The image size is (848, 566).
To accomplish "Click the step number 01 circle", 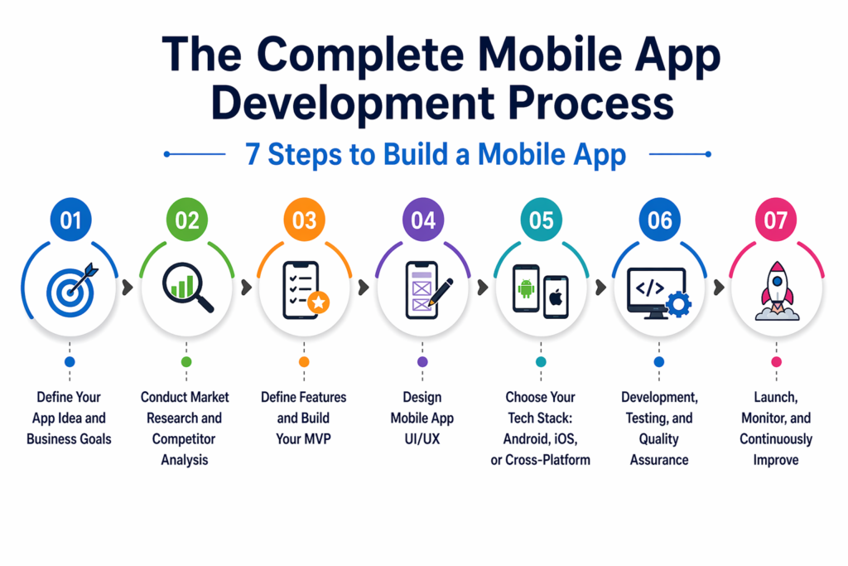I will (x=70, y=220).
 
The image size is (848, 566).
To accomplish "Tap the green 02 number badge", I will (x=188, y=220).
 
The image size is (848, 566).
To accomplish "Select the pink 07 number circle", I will (x=776, y=220).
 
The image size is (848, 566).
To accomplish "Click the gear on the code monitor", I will (x=678, y=304).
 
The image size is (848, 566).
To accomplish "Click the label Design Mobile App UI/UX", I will (x=422, y=418).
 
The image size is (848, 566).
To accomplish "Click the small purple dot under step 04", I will (x=423, y=362).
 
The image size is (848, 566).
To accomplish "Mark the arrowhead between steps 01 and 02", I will (x=128, y=288).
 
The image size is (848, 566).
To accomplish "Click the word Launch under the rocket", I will (x=774, y=398).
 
